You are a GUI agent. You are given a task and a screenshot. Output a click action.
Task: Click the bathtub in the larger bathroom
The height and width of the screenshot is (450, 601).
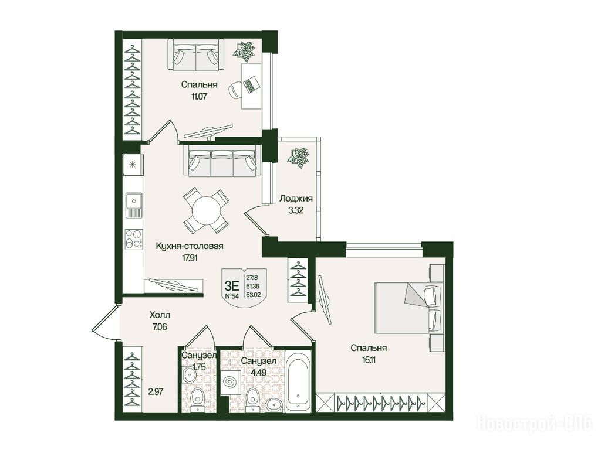299,381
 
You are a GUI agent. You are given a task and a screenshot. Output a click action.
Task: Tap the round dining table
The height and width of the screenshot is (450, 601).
207,210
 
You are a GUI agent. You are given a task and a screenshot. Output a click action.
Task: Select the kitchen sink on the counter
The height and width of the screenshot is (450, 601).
133,205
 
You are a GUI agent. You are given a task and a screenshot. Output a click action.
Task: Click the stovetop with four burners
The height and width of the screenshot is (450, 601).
134,239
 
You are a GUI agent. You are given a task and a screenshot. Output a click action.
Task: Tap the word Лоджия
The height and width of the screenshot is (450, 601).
296,198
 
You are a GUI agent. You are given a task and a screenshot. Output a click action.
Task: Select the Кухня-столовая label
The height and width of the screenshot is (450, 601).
190,246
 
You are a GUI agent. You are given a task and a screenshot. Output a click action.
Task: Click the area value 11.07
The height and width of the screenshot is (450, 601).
199,96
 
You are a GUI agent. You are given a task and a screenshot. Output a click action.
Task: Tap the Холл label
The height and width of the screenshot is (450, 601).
160,315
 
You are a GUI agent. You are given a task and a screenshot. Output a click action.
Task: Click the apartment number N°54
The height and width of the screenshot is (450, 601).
232,296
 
